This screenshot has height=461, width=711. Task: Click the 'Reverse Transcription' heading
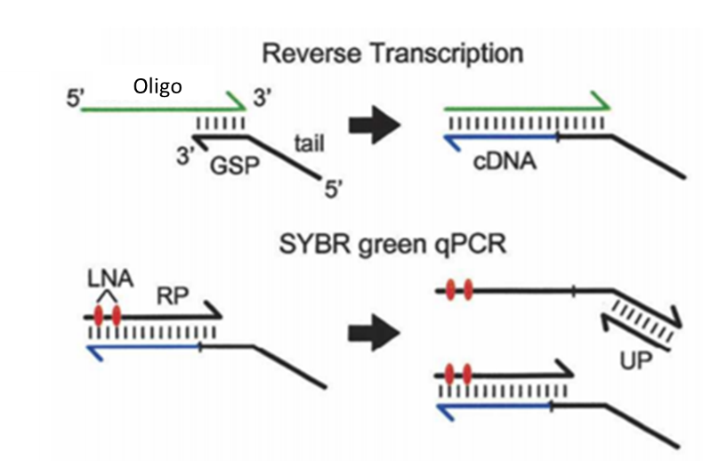click(x=392, y=53)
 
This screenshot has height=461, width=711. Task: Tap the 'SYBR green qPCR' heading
click(x=392, y=244)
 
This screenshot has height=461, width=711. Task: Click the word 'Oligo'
click(x=158, y=86)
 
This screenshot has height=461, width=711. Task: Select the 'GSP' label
click(x=234, y=165)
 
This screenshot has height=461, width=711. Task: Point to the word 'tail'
click(x=310, y=143)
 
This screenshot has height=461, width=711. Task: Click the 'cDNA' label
click(x=505, y=161)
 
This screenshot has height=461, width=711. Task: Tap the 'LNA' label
click(x=110, y=279)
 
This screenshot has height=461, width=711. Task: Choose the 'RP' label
click(x=173, y=296)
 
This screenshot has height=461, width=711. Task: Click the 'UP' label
click(x=635, y=360)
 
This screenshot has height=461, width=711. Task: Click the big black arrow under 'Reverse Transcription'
click(x=375, y=125)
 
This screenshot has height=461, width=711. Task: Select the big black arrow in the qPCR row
click(x=375, y=333)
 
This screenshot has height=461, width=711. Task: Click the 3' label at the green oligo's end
click(x=263, y=98)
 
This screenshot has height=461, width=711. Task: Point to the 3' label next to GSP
click(x=185, y=156)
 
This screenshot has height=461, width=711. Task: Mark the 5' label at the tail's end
click(x=334, y=189)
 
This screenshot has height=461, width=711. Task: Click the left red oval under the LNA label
click(x=99, y=316)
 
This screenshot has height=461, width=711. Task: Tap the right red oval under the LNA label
click(x=117, y=316)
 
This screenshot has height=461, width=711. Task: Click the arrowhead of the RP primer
click(x=213, y=311)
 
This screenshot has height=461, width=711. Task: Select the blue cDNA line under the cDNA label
click(x=501, y=136)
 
